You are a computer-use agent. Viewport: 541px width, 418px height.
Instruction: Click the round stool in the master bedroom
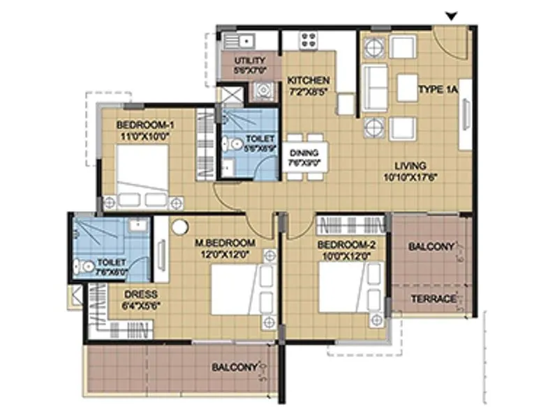coord(181,226)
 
